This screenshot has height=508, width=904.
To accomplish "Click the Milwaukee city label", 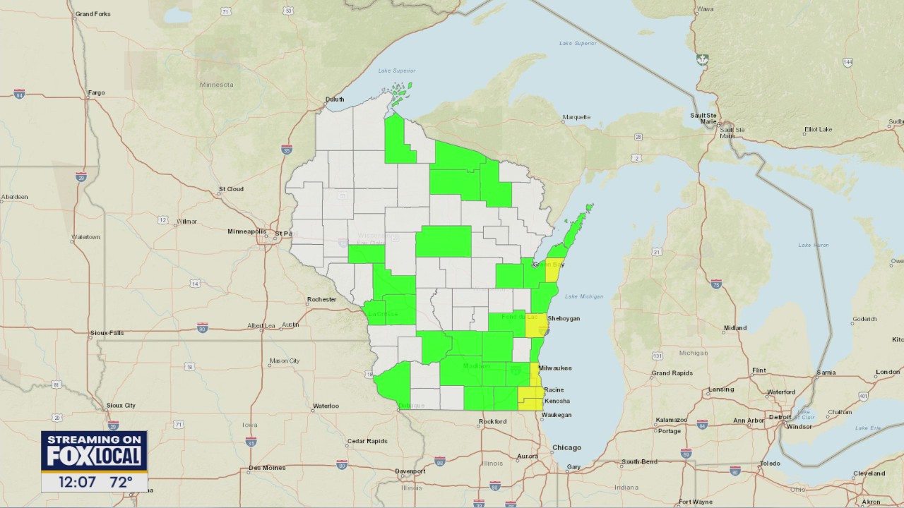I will click(555, 368).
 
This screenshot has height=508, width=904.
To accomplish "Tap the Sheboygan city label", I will click(563, 319).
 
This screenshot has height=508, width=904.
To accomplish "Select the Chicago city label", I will click(566, 447).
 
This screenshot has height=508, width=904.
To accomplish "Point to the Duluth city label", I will click(335, 99).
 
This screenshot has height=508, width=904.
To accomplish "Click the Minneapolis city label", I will click(246, 231).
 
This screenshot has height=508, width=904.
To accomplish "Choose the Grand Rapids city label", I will click(671, 373).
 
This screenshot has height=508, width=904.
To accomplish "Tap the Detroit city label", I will click(780, 417).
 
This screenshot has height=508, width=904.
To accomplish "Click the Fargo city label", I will click(96, 92).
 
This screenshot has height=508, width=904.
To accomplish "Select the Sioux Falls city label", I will click(107, 332).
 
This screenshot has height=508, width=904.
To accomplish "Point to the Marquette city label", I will click(576, 117).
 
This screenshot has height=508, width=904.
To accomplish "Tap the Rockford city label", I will click(492, 421).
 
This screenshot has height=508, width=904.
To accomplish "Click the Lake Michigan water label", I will click(584, 296).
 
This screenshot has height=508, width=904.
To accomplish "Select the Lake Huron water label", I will click(814, 245).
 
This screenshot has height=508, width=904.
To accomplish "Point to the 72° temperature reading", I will click(121, 483).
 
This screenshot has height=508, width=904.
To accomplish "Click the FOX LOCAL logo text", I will click(94, 456).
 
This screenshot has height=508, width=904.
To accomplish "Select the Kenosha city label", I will click(557, 401).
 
